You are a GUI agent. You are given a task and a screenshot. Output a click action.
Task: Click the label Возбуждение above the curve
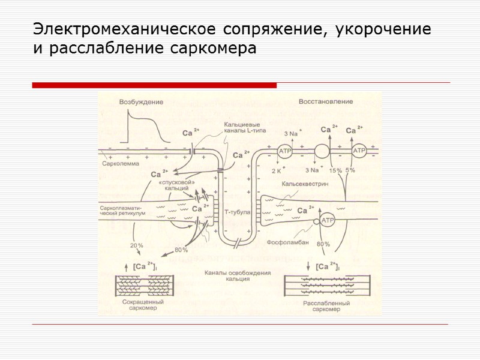pos(141,102)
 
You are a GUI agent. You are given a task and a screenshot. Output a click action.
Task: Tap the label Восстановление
pos(326,101)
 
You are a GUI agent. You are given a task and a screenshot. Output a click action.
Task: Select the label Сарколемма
pos(121,163)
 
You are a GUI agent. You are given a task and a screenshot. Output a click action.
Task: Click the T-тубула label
pos(237,212)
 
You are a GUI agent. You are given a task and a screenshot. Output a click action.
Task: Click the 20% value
pos(137,245)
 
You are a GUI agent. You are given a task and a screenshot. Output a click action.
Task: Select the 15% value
pos(336,171)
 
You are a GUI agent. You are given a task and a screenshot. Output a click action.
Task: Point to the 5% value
pos(350,170)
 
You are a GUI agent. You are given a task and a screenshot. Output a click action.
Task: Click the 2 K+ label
pos(278,171)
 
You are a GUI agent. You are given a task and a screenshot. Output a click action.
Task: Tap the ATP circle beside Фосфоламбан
pos(328,221)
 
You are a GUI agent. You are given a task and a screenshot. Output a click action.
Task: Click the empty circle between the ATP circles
pos(322,151)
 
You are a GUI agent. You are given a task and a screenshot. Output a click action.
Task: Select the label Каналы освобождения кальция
pos(238,275)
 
